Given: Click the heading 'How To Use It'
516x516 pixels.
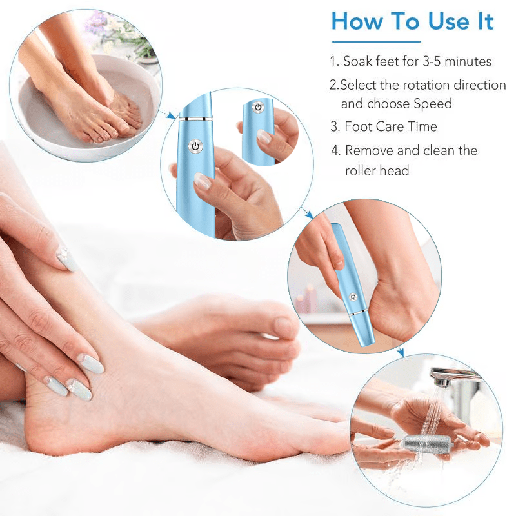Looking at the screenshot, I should point(412,21).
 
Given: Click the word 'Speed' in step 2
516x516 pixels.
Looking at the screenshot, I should point(433,103).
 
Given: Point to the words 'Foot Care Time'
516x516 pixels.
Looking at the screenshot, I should point(390,126).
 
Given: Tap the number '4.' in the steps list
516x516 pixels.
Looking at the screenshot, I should point(335,150).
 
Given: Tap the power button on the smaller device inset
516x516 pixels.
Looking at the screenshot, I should point(257,107).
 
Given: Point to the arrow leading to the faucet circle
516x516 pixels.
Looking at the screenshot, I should point(400,352).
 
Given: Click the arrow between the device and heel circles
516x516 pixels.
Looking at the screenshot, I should point(307,213).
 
